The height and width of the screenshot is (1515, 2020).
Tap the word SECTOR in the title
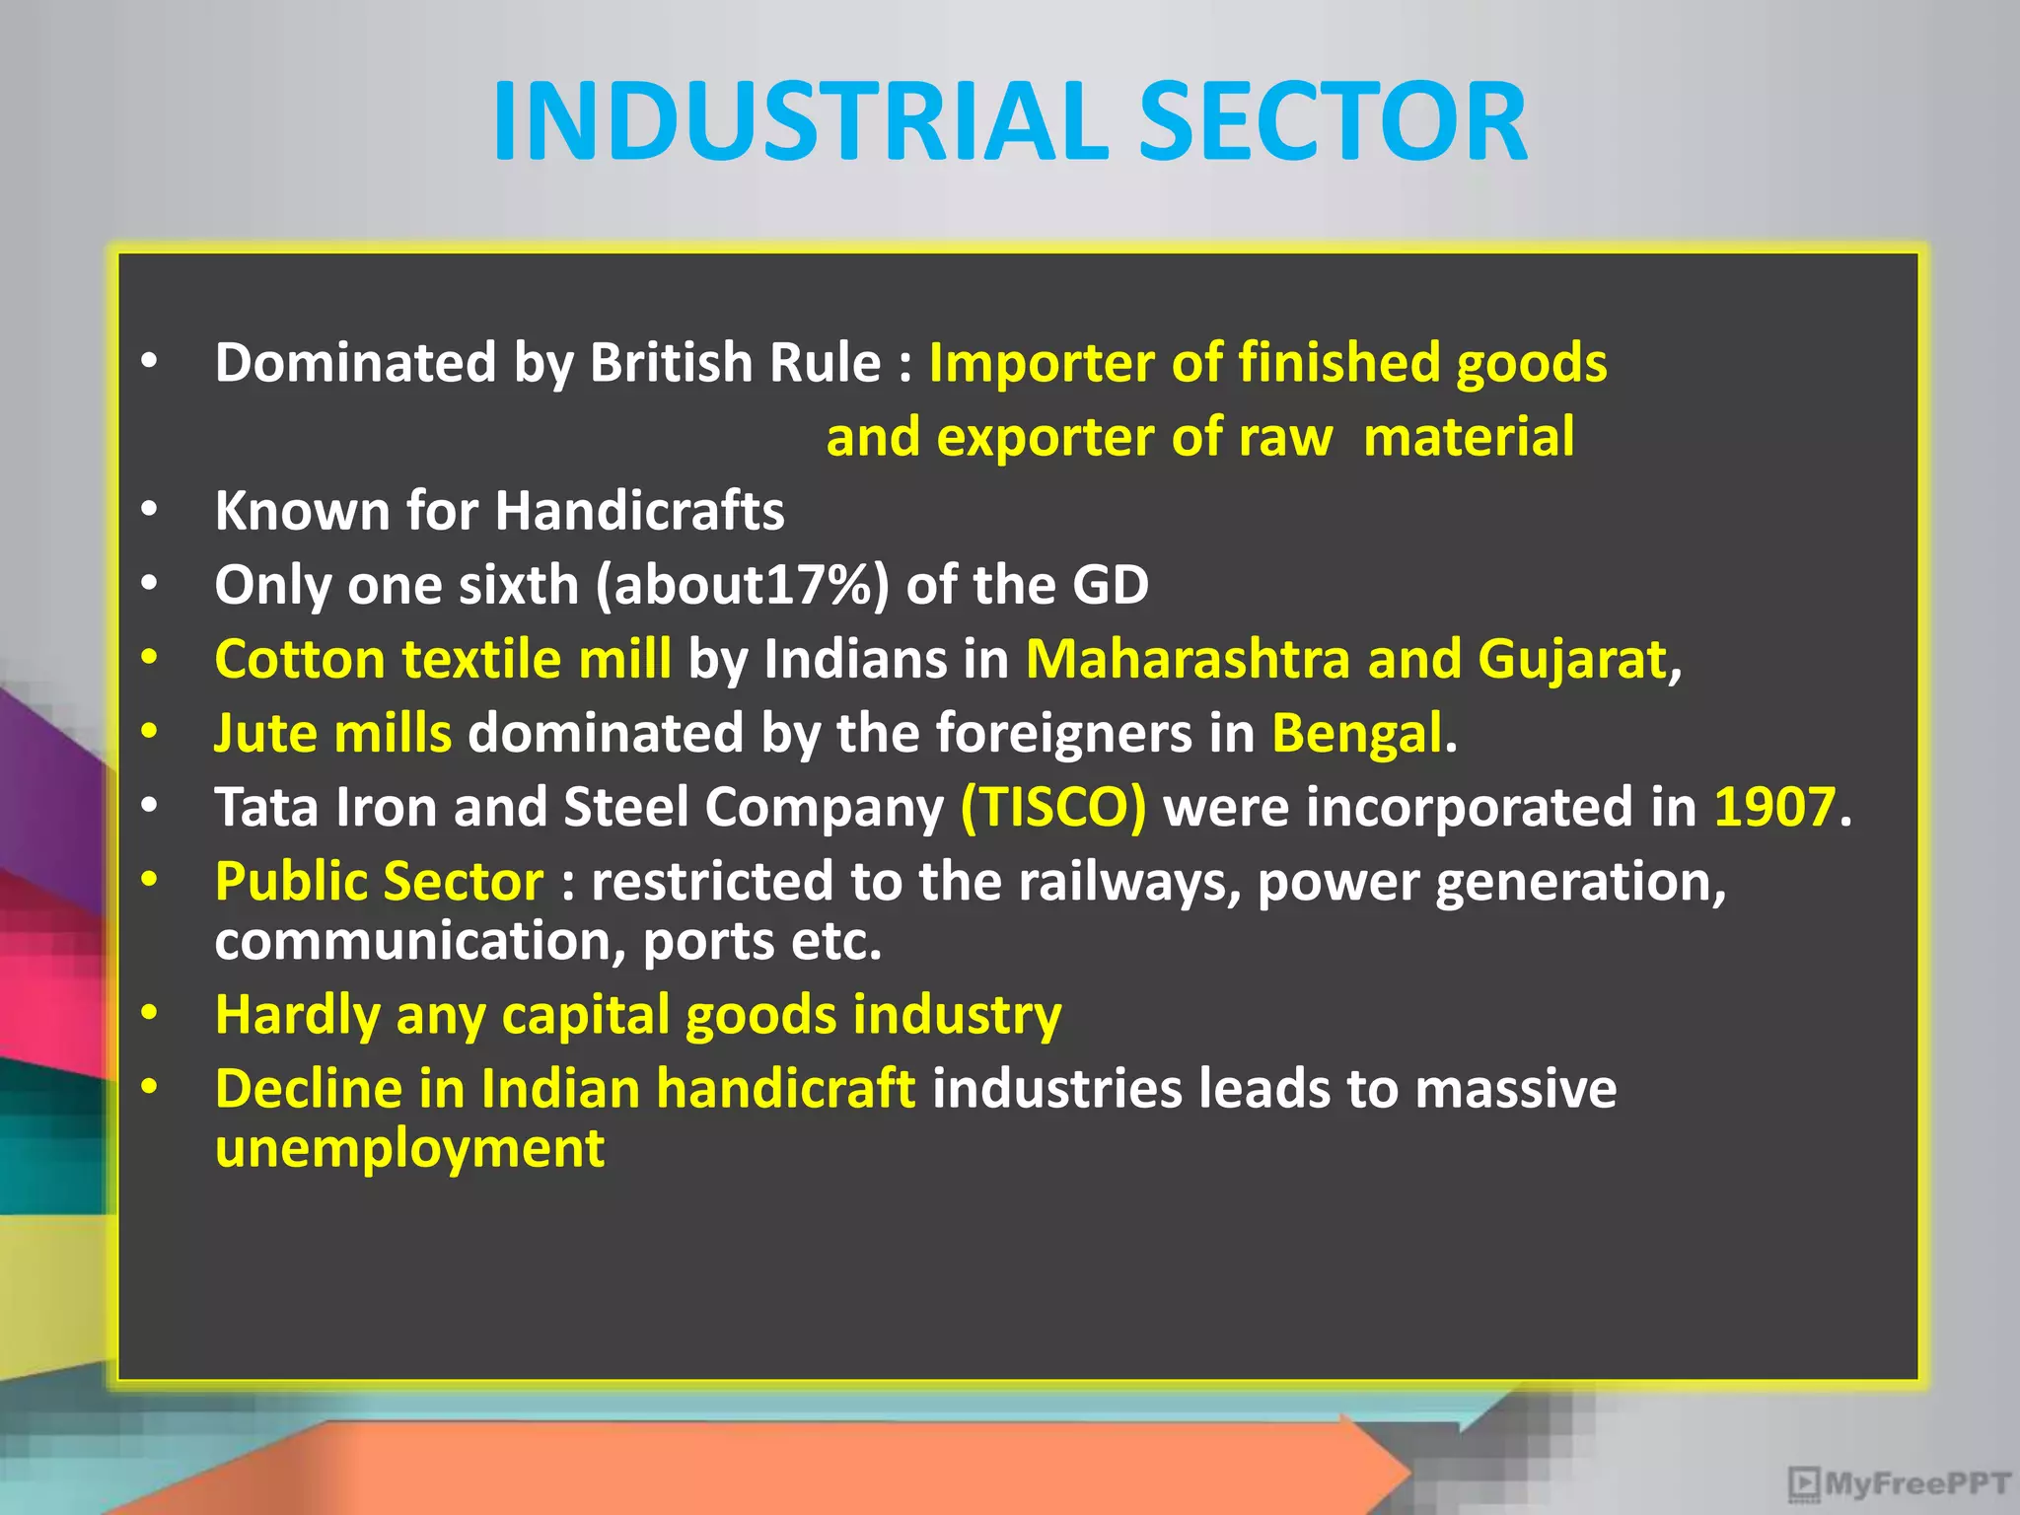(1333, 121)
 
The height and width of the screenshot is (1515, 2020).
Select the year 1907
(1774, 807)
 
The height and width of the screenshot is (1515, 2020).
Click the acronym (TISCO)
(1053, 807)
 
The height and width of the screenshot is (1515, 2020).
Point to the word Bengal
(1356, 733)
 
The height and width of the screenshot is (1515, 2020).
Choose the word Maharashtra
(1188, 659)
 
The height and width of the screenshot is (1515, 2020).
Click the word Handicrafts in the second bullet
(639, 511)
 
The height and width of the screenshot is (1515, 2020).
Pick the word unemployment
(409, 1148)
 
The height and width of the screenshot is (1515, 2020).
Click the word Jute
(263, 733)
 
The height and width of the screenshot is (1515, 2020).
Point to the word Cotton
(300, 659)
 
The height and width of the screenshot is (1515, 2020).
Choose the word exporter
(1045, 437)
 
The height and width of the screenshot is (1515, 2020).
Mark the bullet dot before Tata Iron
(149, 805)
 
